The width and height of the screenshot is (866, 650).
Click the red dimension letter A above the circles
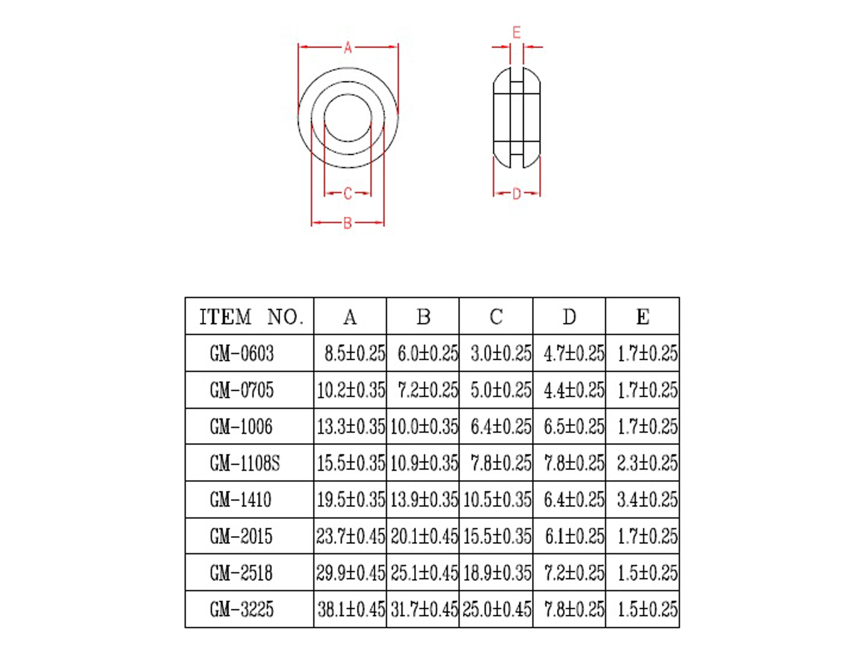[348, 48]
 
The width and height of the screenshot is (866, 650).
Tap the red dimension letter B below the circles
[347, 223]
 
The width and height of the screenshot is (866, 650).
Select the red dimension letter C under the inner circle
[348, 193]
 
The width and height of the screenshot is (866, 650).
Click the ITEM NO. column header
[251, 317]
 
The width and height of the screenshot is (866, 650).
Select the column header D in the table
[569, 317]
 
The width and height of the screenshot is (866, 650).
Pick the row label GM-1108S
[245, 463]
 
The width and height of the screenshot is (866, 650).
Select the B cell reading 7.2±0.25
[428, 390]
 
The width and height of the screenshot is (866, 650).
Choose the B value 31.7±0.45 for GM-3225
[424, 609]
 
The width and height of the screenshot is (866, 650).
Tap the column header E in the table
[642, 317]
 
